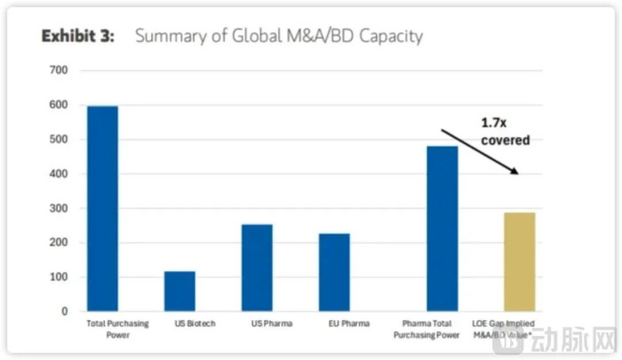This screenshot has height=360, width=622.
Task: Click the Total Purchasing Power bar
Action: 102,209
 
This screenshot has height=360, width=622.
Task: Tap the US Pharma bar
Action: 257,268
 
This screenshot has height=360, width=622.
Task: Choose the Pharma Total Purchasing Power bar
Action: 443,228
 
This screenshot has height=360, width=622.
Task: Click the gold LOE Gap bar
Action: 520,261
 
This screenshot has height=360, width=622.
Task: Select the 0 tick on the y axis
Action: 62,312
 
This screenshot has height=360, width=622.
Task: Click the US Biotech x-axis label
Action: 179,324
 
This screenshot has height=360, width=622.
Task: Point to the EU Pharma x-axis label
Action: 334,324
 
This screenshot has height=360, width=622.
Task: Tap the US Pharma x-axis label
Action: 257,324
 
